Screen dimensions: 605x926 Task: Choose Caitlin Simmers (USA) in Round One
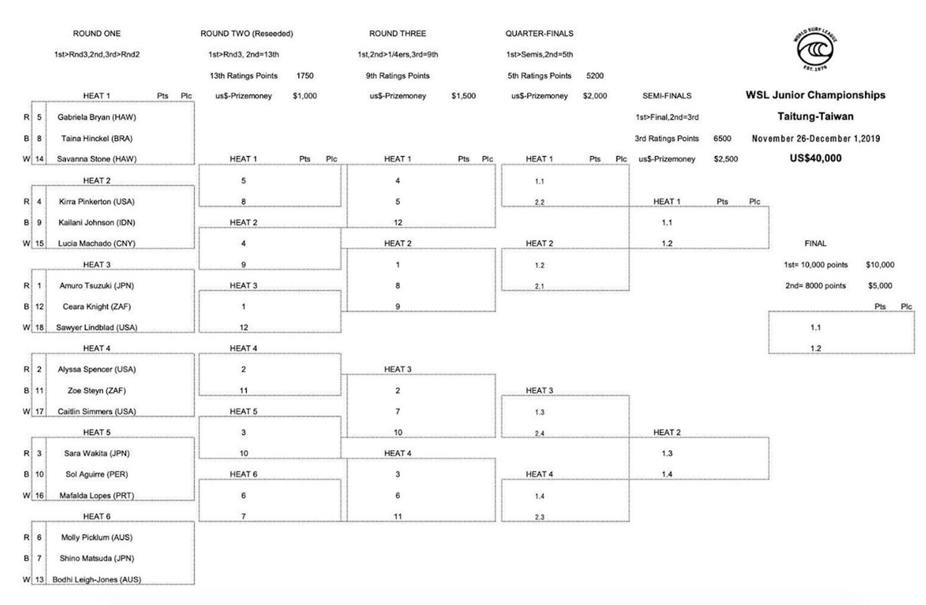coord(97,412)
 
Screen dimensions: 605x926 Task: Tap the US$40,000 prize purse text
coord(815,158)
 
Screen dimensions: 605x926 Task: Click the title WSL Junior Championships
coord(815,95)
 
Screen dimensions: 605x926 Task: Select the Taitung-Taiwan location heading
coord(815,117)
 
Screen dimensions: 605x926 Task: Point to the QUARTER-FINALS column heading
coord(539,34)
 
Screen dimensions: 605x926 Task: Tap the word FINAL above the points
coord(815,244)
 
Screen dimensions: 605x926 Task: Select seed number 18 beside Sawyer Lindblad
coord(40,328)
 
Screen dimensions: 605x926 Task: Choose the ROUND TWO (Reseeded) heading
coord(247,34)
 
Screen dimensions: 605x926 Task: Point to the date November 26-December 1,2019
coord(815,139)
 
